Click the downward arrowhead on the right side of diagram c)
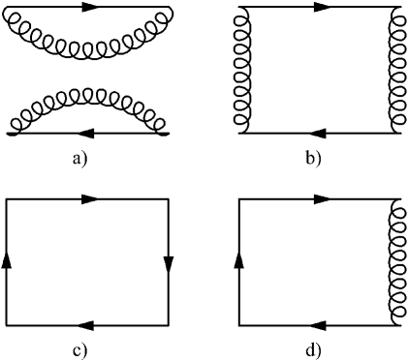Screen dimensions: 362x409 pyautogui.click(x=169, y=263)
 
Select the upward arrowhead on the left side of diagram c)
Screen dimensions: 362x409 pyautogui.click(x=8, y=259)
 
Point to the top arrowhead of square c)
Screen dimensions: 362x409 pyautogui.click(x=89, y=199)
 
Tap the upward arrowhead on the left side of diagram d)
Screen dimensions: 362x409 pyautogui.click(x=238, y=259)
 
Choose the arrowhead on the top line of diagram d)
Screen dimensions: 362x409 pyautogui.click(x=321, y=199)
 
